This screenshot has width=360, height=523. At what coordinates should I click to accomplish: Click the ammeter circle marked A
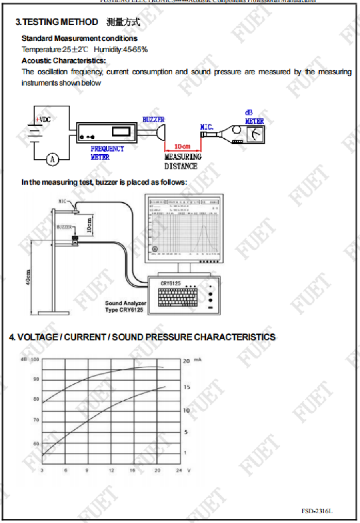coord(52,160)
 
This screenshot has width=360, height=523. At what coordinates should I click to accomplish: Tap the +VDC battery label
coord(44,120)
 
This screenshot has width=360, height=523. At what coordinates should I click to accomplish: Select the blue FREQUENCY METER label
coord(107,152)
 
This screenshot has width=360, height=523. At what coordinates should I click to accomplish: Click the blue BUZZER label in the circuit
coord(153,120)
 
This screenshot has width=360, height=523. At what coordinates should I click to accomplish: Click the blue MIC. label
coord(207,127)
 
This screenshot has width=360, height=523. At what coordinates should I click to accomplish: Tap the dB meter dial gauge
coord(256,135)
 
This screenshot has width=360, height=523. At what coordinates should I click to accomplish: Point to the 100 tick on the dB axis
coord(35,359)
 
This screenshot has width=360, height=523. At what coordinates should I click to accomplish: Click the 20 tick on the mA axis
coord(186,361)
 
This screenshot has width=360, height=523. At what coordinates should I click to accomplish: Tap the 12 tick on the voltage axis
coord(111,470)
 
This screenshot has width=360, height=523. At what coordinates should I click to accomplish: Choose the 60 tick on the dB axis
coord(36,443)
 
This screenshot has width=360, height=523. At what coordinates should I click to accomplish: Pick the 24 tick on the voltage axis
coord(179,470)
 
